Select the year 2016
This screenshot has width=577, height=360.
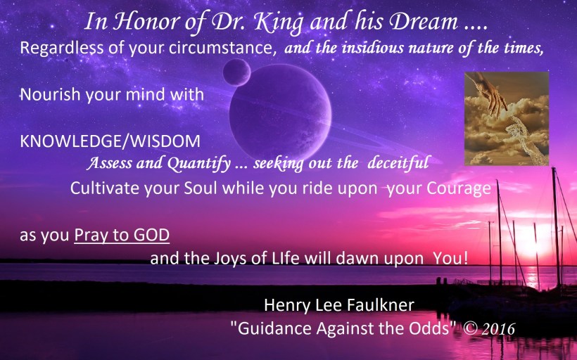[499, 328]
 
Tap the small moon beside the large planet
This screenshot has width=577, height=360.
[237, 72]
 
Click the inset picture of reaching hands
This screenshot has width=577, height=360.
[506, 119]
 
